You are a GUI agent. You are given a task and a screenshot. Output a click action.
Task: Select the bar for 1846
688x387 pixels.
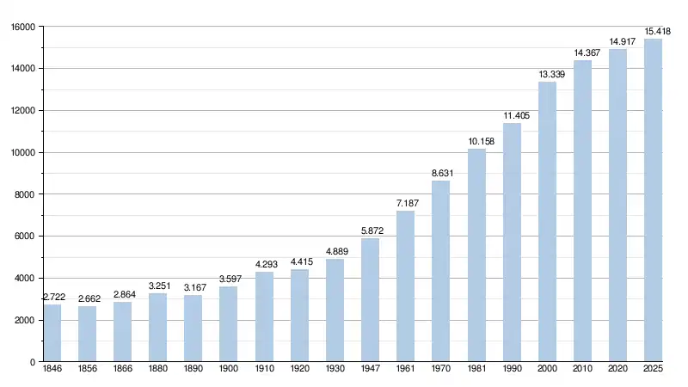52,333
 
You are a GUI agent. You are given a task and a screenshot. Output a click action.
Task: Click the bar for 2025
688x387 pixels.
653,200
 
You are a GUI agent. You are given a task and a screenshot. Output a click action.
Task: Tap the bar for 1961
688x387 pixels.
405,286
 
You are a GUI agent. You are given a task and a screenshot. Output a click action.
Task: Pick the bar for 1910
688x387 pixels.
264,316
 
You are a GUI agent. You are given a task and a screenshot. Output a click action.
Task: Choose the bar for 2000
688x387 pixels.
547,222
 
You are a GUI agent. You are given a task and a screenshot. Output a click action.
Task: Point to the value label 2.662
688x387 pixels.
89,298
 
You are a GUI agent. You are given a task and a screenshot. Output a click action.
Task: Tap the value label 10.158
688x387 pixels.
476,141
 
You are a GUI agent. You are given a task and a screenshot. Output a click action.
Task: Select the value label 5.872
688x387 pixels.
371,230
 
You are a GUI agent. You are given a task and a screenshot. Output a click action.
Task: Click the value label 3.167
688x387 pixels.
194,287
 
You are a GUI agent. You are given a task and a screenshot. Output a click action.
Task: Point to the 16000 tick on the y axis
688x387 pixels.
22,27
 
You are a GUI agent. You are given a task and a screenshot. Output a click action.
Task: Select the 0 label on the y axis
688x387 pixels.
32,362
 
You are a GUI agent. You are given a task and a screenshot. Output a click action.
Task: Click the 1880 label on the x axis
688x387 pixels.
158,370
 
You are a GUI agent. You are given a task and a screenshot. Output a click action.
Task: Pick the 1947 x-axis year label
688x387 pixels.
370,370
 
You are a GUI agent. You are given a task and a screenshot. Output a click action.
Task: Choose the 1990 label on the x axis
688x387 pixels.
512,370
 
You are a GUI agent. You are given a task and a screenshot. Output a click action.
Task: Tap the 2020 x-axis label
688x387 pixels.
617,370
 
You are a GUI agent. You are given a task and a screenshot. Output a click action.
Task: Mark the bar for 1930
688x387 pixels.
335,310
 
